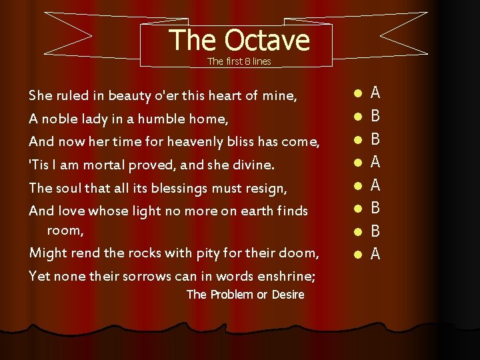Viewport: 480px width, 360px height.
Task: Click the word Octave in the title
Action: tap(267, 40)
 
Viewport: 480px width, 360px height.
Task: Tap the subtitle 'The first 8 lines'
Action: tap(239, 61)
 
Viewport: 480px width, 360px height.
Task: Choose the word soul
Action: tap(69, 188)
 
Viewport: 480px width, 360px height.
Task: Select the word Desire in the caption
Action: tap(288, 295)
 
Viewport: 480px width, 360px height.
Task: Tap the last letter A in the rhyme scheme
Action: tap(375, 254)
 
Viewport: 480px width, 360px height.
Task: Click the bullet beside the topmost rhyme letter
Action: tap(358, 94)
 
